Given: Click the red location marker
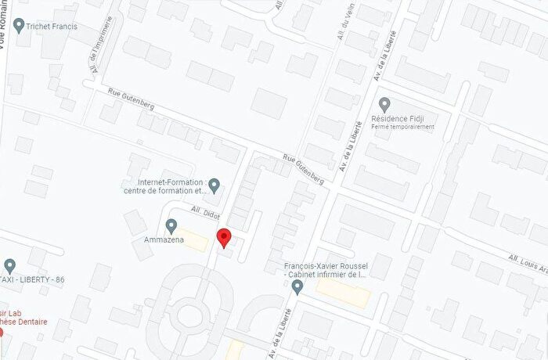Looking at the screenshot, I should point(224,237).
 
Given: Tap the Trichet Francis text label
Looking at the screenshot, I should point(52,26).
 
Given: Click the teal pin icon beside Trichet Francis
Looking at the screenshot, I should point(19,26).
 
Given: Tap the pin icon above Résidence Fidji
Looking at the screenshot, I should point(384,103).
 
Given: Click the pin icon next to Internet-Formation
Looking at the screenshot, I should point(214,185).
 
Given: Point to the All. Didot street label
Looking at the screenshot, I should point(206,212).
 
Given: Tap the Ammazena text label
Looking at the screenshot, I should point(158,239).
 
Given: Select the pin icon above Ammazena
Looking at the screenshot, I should point(171,226).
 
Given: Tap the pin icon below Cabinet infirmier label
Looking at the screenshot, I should point(297,288).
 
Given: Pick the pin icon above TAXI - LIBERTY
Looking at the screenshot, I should point(9,265).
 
